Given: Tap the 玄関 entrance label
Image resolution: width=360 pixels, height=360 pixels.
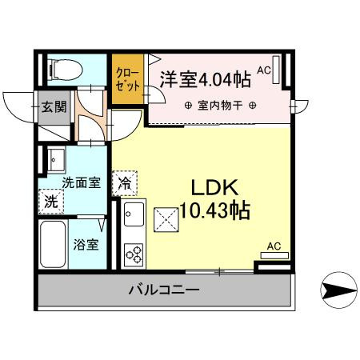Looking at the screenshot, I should (x=54, y=106).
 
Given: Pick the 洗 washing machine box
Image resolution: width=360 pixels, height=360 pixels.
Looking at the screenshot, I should (x=51, y=201).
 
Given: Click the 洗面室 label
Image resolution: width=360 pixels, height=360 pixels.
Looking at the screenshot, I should (x=82, y=182).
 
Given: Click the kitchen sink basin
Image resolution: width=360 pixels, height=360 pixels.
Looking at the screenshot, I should (x=134, y=215).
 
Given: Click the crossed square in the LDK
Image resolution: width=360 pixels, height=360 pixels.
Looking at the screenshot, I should (x=166, y=218).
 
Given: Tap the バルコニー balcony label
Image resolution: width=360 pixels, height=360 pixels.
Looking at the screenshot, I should (x=164, y=290).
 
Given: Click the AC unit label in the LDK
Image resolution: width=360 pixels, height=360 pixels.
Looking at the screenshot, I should (x=274, y=246).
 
